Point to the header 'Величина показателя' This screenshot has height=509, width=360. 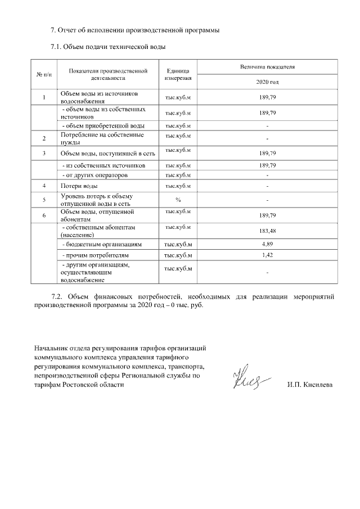click(x=267, y=67)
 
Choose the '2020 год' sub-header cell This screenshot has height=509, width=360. click(x=267, y=82)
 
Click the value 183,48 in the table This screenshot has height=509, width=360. click(x=267, y=231)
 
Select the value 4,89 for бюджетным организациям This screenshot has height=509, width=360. click(x=267, y=245)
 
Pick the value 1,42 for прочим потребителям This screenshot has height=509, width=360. click(x=267, y=256)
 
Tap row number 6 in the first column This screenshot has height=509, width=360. click(x=44, y=215)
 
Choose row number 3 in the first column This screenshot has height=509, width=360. click(x=44, y=153)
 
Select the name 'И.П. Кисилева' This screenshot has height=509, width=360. click(x=309, y=385)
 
